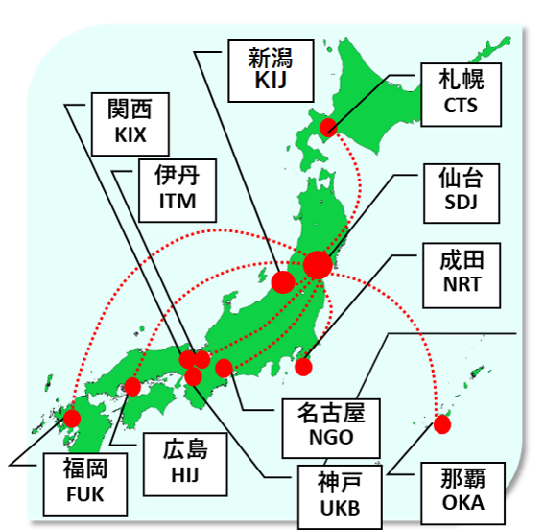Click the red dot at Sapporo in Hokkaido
(329, 128)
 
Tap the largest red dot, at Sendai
(317, 264)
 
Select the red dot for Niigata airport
(283, 281)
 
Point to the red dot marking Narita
(304, 366)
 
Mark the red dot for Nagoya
(224, 368)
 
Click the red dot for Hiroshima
(132, 387)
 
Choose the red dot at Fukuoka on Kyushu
(71, 418)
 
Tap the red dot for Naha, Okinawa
(442, 423)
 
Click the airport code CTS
(461, 106)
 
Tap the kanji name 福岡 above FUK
(83, 470)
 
